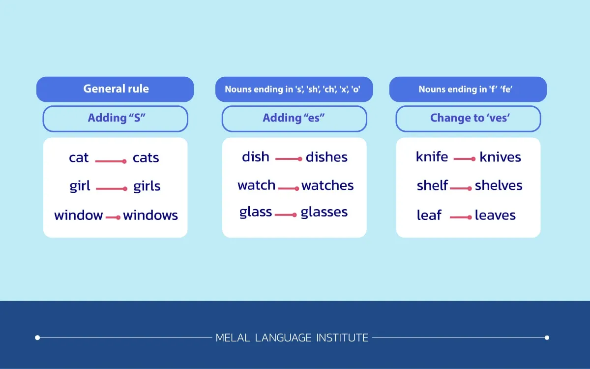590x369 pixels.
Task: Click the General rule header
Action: (x=115, y=89)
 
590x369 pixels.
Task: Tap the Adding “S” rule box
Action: (x=116, y=119)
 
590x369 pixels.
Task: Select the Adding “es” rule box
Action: (x=294, y=119)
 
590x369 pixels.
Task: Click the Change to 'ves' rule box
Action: (x=468, y=119)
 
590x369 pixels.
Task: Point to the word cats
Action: (x=146, y=158)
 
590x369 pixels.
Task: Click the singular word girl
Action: (x=80, y=186)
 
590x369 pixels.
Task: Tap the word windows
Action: (x=150, y=215)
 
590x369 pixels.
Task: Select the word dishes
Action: (x=326, y=157)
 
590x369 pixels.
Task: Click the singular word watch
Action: (x=256, y=185)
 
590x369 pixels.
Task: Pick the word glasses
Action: (x=324, y=212)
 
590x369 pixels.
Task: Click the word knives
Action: (x=500, y=157)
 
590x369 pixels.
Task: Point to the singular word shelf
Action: (x=432, y=185)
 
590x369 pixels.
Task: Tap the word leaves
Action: (x=495, y=215)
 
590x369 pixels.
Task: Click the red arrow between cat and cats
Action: (x=111, y=161)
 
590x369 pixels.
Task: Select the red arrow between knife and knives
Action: (x=465, y=158)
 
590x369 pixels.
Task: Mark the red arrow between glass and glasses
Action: (x=286, y=215)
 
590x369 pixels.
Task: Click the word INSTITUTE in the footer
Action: (x=342, y=338)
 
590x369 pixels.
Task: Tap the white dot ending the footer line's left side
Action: (x=37, y=338)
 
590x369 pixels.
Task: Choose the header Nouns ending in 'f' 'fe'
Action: (x=468, y=89)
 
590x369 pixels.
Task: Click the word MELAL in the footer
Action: (x=233, y=338)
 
